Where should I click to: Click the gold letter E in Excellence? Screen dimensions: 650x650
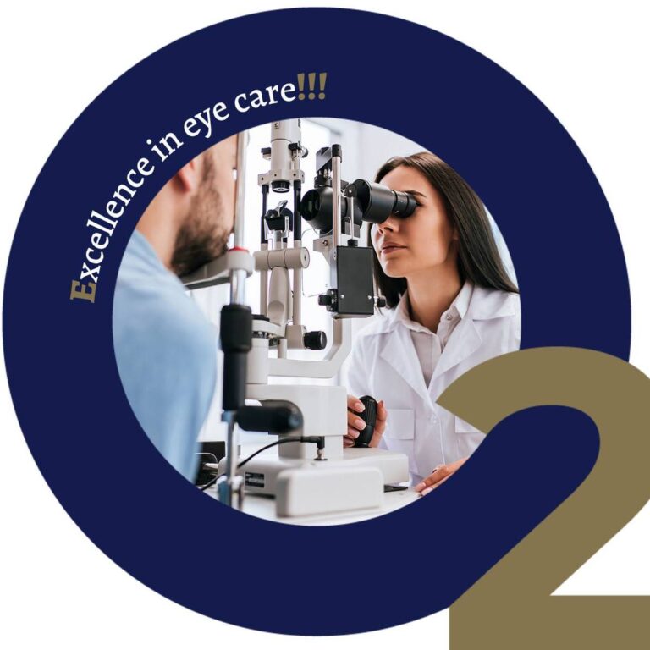pos(84,291)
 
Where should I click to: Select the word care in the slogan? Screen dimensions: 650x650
pos(265,96)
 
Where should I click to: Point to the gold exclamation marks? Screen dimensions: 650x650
pos(311,86)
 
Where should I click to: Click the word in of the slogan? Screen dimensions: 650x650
pos(164,148)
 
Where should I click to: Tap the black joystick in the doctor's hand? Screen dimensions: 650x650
pos(366,420)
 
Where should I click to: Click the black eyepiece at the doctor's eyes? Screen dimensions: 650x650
pos(386,202)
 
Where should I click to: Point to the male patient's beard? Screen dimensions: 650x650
pos(202,236)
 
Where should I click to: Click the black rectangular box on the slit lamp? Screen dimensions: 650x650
pos(355,281)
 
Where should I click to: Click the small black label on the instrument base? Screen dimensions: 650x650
pos(255,480)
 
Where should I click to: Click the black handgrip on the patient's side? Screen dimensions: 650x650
pos(236,356)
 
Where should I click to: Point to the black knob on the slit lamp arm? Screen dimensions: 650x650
pos(315,340)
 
